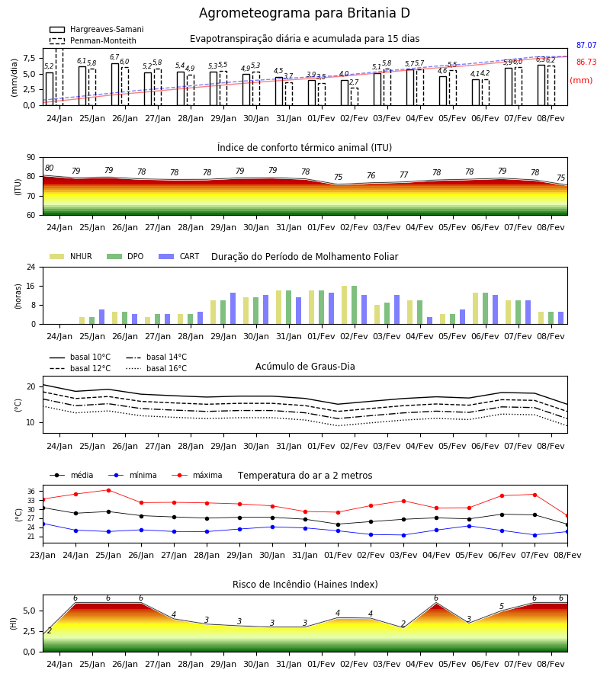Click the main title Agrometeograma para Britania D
pyautogui.click(x=304, y=13)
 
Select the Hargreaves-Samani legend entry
pyautogui.click(x=96, y=29)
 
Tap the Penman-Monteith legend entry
pyautogui.click(x=93, y=40)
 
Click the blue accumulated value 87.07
pyautogui.click(x=586, y=45)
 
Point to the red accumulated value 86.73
pyautogui.click(x=586, y=62)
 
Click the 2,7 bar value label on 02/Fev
pyautogui.click(x=354, y=82)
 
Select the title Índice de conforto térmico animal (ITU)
pyautogui.click(x=304, y=147)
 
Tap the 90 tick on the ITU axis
pyautogui.click(x=31, y=158)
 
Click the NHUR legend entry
pyautogui.click(x=71, y=256)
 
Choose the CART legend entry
pyautogui.click(x=179, y=256)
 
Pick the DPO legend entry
pyautogui.click(x=125, y=256)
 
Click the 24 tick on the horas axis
pyautogui.click(x=31, y=267)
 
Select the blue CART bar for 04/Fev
pyautogui.click(x=430, y=321)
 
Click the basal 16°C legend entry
pyautogui.click(x=156, y=368)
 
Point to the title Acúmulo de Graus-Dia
pyautogui.click(x=305, y=366)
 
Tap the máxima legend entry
pyautogui.click(x=197, y=475)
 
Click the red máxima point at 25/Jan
pyautogui.click(x=108, y=490)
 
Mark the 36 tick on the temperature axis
pyautogui.click(x=31, y=492)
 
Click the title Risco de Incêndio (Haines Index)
pyautogui.click(x=305, y=584)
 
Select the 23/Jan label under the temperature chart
pyautogui.click(x=43, y=555)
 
